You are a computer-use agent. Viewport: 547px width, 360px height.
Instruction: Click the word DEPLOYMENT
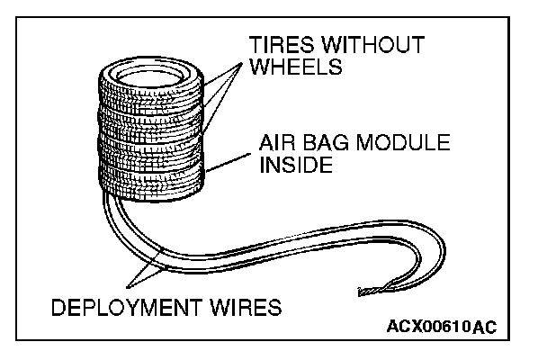[134, 307]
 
